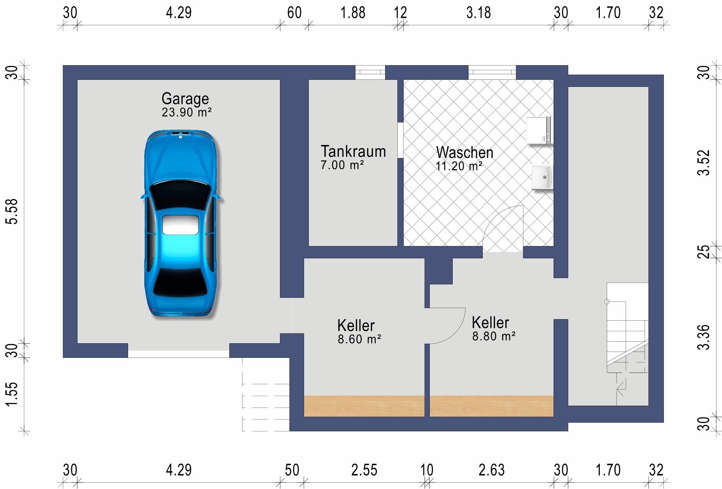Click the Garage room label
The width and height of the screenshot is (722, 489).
185,99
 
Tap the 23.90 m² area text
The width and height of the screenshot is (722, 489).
186,113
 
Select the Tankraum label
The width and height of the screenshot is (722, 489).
353,152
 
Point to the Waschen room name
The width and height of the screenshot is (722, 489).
465,152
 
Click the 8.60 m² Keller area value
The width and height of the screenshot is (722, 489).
359,339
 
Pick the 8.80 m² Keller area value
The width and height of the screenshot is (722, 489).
493,337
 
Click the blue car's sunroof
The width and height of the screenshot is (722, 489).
180,225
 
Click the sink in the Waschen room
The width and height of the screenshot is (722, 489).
542,177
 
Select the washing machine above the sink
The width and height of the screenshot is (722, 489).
539,130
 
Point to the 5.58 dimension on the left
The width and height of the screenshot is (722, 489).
12,211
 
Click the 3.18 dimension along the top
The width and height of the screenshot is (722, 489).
478,13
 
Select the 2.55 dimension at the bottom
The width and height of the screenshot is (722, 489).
364,470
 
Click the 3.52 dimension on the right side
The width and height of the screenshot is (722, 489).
703,163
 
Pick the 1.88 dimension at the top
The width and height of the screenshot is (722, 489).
353,13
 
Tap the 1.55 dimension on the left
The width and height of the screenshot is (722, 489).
12,394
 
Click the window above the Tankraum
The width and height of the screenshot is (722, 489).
370,72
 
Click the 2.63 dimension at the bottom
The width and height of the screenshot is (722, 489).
491,470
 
